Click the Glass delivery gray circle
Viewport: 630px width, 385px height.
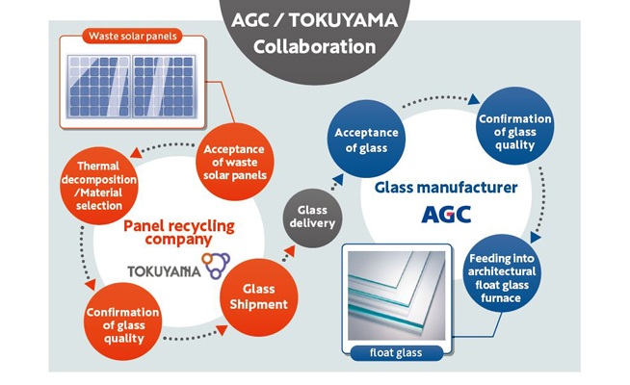[312, 218]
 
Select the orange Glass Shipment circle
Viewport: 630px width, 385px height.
[259, 296]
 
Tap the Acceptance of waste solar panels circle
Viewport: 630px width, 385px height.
[235, 162]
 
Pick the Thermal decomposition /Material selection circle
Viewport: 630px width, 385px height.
[99, 186]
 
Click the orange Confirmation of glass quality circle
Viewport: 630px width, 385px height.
[123, 321]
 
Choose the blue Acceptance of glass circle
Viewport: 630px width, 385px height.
[366, 139]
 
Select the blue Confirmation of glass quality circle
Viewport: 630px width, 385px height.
[514, 126]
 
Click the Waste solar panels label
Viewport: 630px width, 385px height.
[133, 37]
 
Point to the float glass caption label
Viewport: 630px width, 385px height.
[396, 353]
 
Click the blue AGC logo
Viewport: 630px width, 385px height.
[446, 215]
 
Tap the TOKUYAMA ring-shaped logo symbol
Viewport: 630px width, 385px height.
[216, 265]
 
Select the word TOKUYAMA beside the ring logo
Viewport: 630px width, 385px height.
[164, 271]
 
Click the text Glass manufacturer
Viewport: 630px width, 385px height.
[446, 188]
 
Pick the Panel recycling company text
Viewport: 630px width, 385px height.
[179, 233]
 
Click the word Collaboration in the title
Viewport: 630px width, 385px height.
[315, 47]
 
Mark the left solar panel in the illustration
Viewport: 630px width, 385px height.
[99, 87]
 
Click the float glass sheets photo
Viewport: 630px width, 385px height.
[397, 295]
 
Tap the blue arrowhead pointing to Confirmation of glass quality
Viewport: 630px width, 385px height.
[474, 99]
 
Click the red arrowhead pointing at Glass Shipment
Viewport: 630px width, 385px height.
[222, 330]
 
